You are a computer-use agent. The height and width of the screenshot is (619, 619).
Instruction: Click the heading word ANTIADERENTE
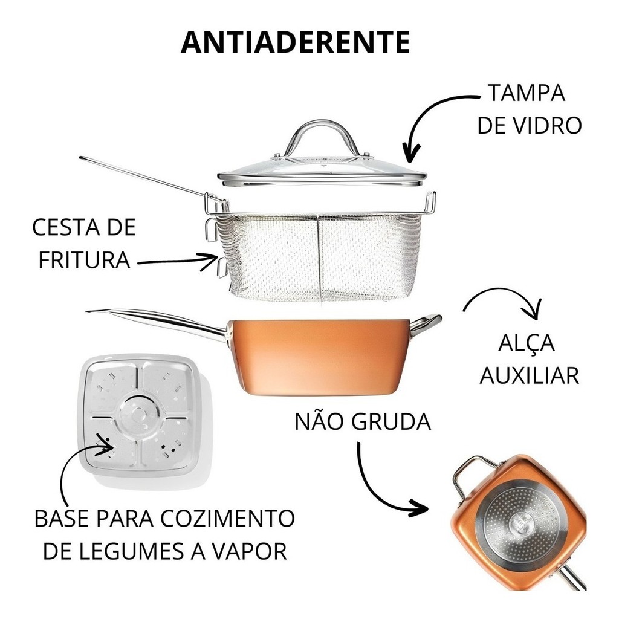pos(295,42)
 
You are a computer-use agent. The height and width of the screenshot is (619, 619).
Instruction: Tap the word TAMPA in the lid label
pos(527,92)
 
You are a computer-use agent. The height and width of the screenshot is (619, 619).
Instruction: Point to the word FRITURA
pos(84,260)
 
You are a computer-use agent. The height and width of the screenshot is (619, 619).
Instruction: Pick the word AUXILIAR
pos(530,375)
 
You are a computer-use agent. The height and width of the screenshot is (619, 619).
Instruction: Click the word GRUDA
pos(391,421)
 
